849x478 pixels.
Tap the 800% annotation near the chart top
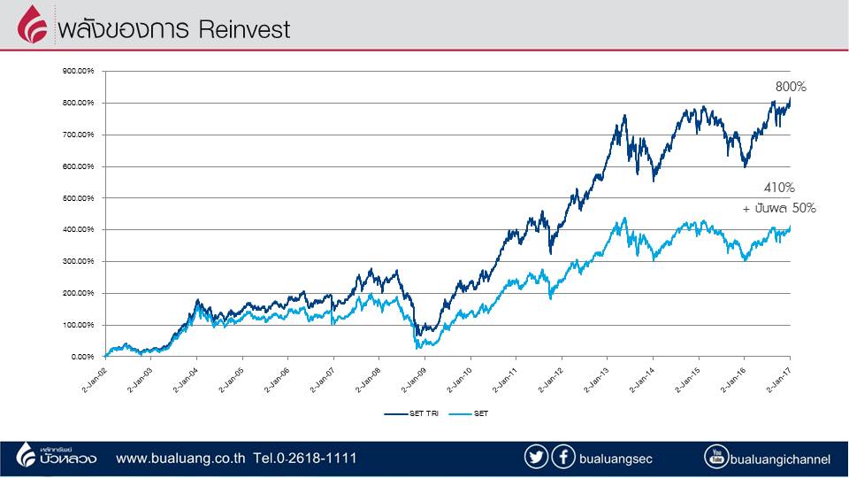point(791,87)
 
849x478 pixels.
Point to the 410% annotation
point(779,188)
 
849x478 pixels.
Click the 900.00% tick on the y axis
point(79,72)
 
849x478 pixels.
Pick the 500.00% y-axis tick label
point(79,198)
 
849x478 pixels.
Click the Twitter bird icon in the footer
point(536,458)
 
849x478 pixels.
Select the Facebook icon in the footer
point(562,458)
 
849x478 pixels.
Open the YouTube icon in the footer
point(716,458)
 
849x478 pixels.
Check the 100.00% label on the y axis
point(79,325)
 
